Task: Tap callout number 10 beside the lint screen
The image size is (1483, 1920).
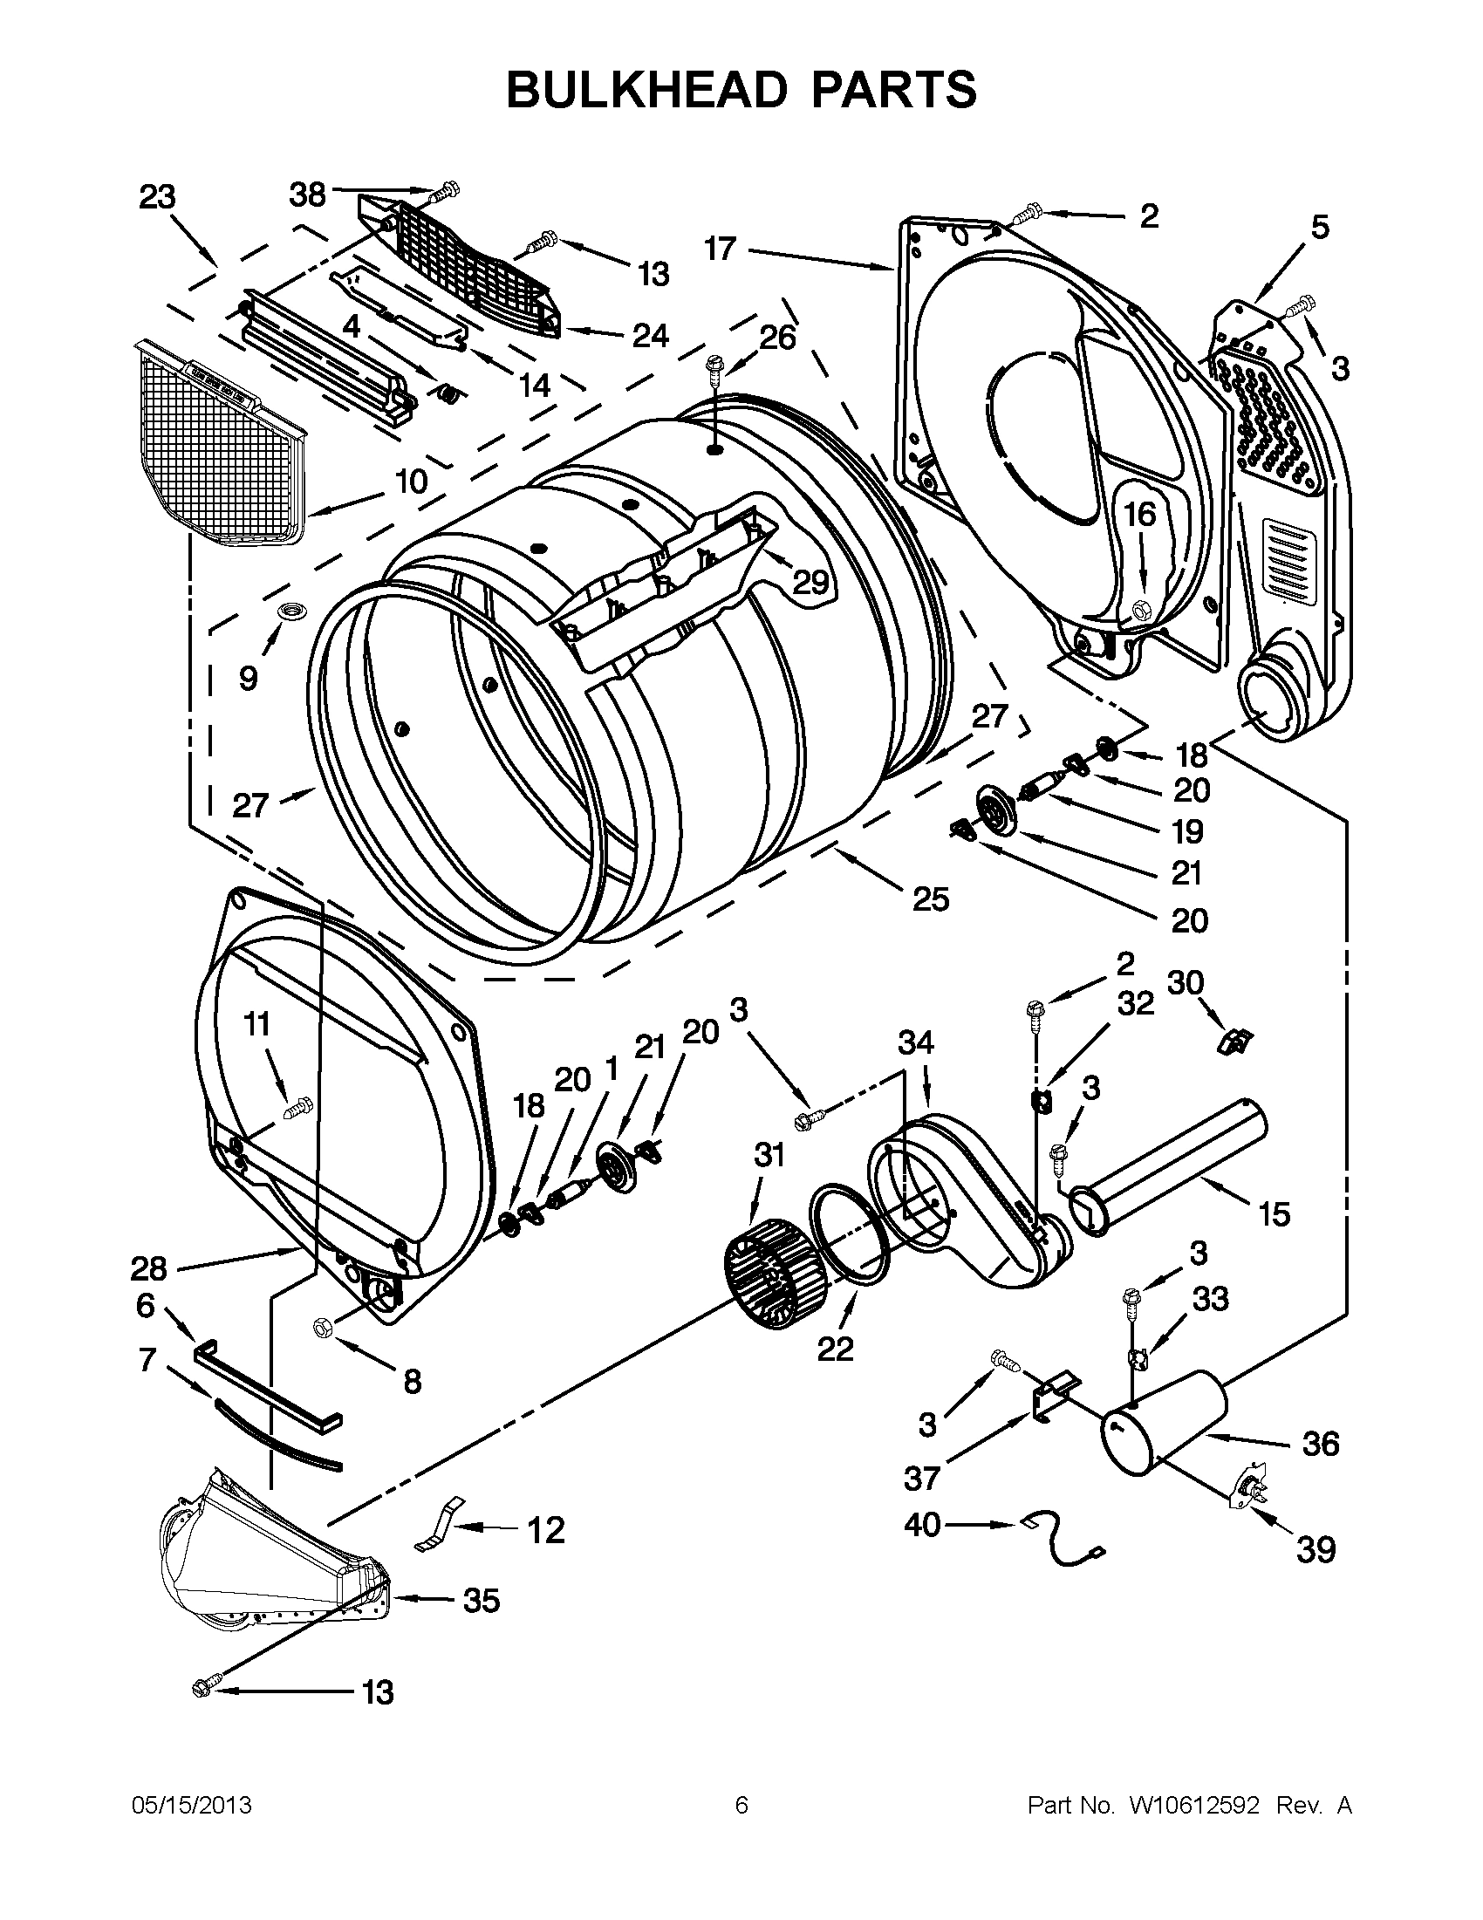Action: (411, 481)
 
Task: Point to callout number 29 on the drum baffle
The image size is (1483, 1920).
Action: (810, 581)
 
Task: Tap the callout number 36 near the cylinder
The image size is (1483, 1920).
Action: (1320, 1444)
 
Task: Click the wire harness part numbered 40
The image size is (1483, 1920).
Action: (1063, 1550)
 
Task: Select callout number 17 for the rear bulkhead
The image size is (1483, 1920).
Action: (719, 249)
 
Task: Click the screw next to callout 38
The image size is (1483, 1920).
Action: (447, 188)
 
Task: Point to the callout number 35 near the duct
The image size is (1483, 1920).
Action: (481, 1601)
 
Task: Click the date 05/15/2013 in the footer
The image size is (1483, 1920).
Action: (191, 1805)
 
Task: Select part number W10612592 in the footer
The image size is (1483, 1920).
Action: (1188, 1805)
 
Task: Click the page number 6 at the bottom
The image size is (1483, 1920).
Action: (741, 1805)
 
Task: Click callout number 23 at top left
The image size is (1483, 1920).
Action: (157, 197)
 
